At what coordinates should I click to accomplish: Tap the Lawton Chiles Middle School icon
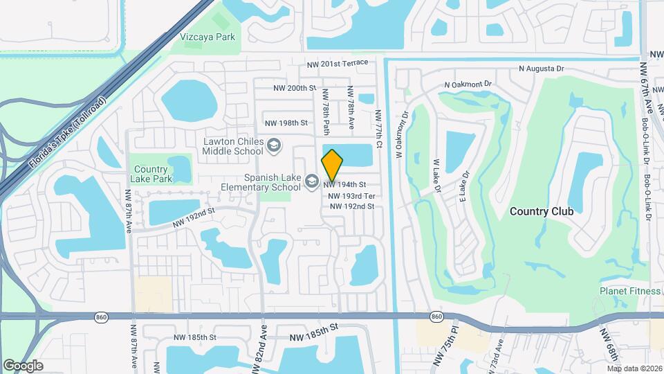coord(274,145)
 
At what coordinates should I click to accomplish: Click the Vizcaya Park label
coord(207,37)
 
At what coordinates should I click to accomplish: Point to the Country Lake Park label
coord(151,174)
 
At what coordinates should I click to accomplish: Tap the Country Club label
coord(541,211)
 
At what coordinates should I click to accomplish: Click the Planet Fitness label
coord(629,291)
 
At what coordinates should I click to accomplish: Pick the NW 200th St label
coord(295,89)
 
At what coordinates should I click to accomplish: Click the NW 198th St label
coord(286,123)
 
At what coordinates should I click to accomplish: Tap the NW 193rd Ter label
coord(351,196)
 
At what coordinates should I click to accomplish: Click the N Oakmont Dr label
coord(468,84)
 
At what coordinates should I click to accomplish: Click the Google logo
coord(23,365)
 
